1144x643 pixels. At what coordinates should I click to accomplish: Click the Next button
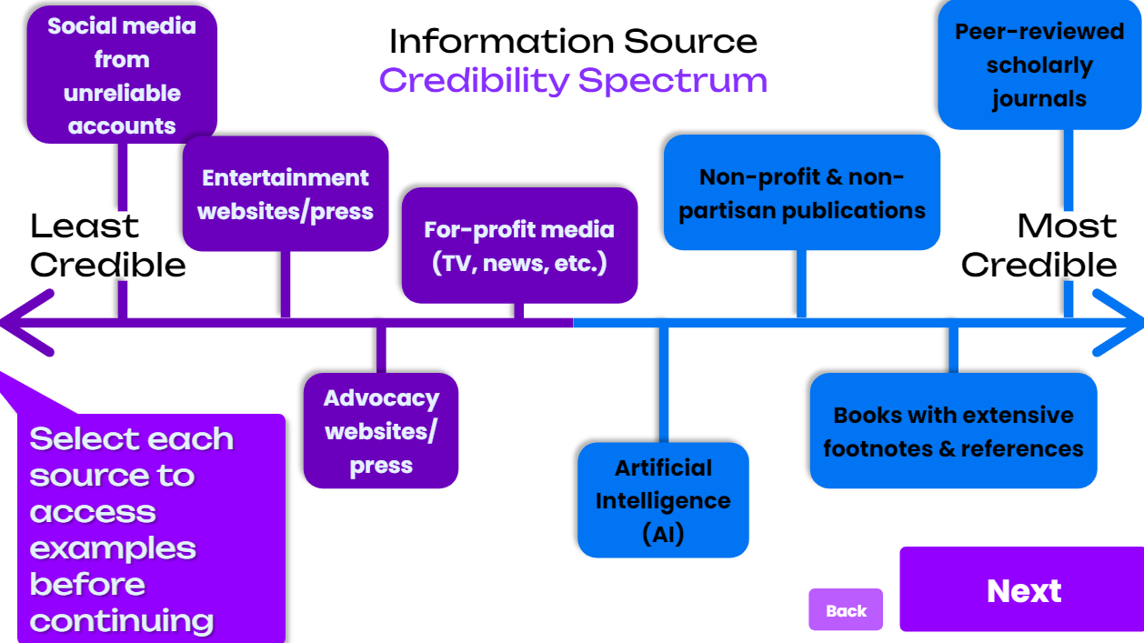tap(1022, 589)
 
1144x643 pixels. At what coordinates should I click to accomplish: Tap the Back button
tap(846, 610)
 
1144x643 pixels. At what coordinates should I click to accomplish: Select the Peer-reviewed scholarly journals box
tap(1039, 65)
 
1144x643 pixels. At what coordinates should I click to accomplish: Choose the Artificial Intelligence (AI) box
tap(663, 500)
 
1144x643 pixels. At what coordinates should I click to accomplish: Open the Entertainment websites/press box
tap(286, 194)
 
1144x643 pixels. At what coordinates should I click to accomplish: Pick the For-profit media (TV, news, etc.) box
tap(519, 246)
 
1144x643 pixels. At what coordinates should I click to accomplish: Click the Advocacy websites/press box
tap(381, 431)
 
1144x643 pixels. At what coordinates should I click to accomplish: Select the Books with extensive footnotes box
tap(953, 431)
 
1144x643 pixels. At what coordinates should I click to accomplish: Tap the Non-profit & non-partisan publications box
tap(801, 193)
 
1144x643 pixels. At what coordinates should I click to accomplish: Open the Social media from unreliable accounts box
tap(122, 75)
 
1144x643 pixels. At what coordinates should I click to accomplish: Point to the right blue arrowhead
tap(1119, 323)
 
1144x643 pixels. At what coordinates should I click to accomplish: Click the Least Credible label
tap(107, 245)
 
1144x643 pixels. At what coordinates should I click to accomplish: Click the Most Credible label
tap(1039, 245)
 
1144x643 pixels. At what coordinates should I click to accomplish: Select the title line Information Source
tap(573, 41)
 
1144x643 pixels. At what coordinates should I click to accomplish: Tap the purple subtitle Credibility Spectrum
tap(573, 80)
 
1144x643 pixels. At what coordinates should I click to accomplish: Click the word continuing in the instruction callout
tap(122, 621)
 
